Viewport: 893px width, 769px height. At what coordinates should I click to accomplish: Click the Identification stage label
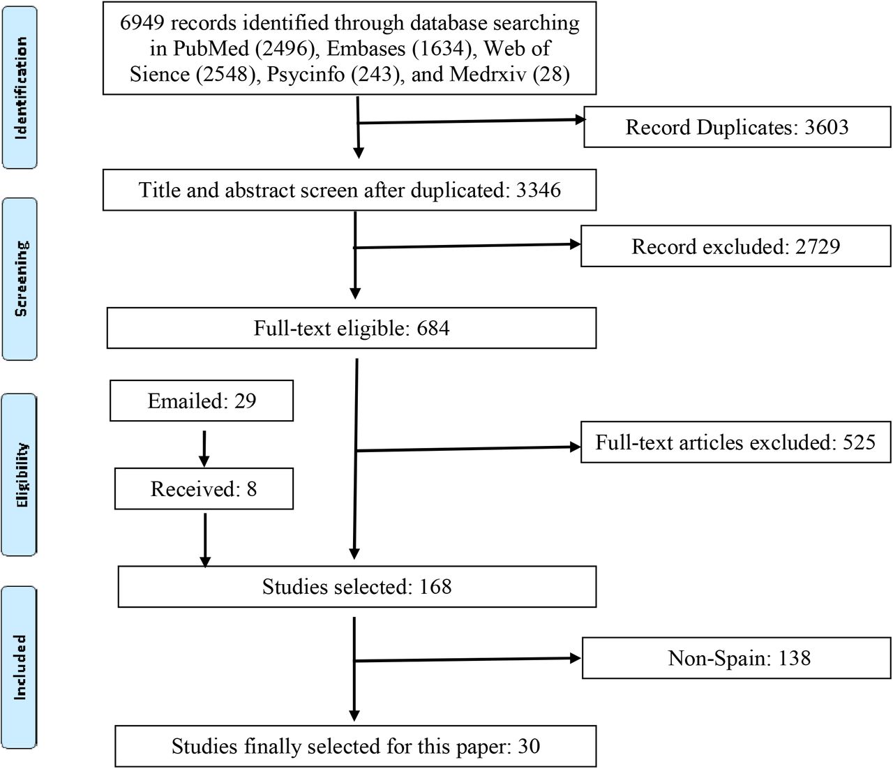(x=20, y=88)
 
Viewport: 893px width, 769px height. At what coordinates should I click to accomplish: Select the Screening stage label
(x=20, y=279)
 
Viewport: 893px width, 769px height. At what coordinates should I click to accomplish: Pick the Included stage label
(x=20, y=668)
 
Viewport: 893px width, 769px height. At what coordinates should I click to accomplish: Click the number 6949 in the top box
(x=142, y=23)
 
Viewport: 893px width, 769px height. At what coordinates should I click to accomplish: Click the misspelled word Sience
(x=160, y=74)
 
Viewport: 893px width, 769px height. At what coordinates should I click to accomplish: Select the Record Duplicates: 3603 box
(x=737, y=127)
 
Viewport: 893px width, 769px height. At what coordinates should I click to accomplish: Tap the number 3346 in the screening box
(x=539, y=190)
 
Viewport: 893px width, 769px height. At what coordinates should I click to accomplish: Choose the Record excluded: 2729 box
(x=736, y=246)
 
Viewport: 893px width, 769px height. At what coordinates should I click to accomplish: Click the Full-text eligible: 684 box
(x=352, y=328)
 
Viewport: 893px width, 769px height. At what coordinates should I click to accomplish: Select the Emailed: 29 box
(x=202, y=401)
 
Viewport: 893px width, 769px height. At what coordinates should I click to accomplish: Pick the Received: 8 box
(x=204, y=488)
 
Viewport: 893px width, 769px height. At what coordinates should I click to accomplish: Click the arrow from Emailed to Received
(x=204, y=449)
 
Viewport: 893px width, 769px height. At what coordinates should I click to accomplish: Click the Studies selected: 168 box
(x=357, y=587)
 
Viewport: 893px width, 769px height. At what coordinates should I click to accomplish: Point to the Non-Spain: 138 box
(x=737, y=658)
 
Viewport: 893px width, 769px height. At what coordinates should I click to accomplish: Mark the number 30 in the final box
(x=529, y=746)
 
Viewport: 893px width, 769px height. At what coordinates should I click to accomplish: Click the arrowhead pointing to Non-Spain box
(x=576, y=658)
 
